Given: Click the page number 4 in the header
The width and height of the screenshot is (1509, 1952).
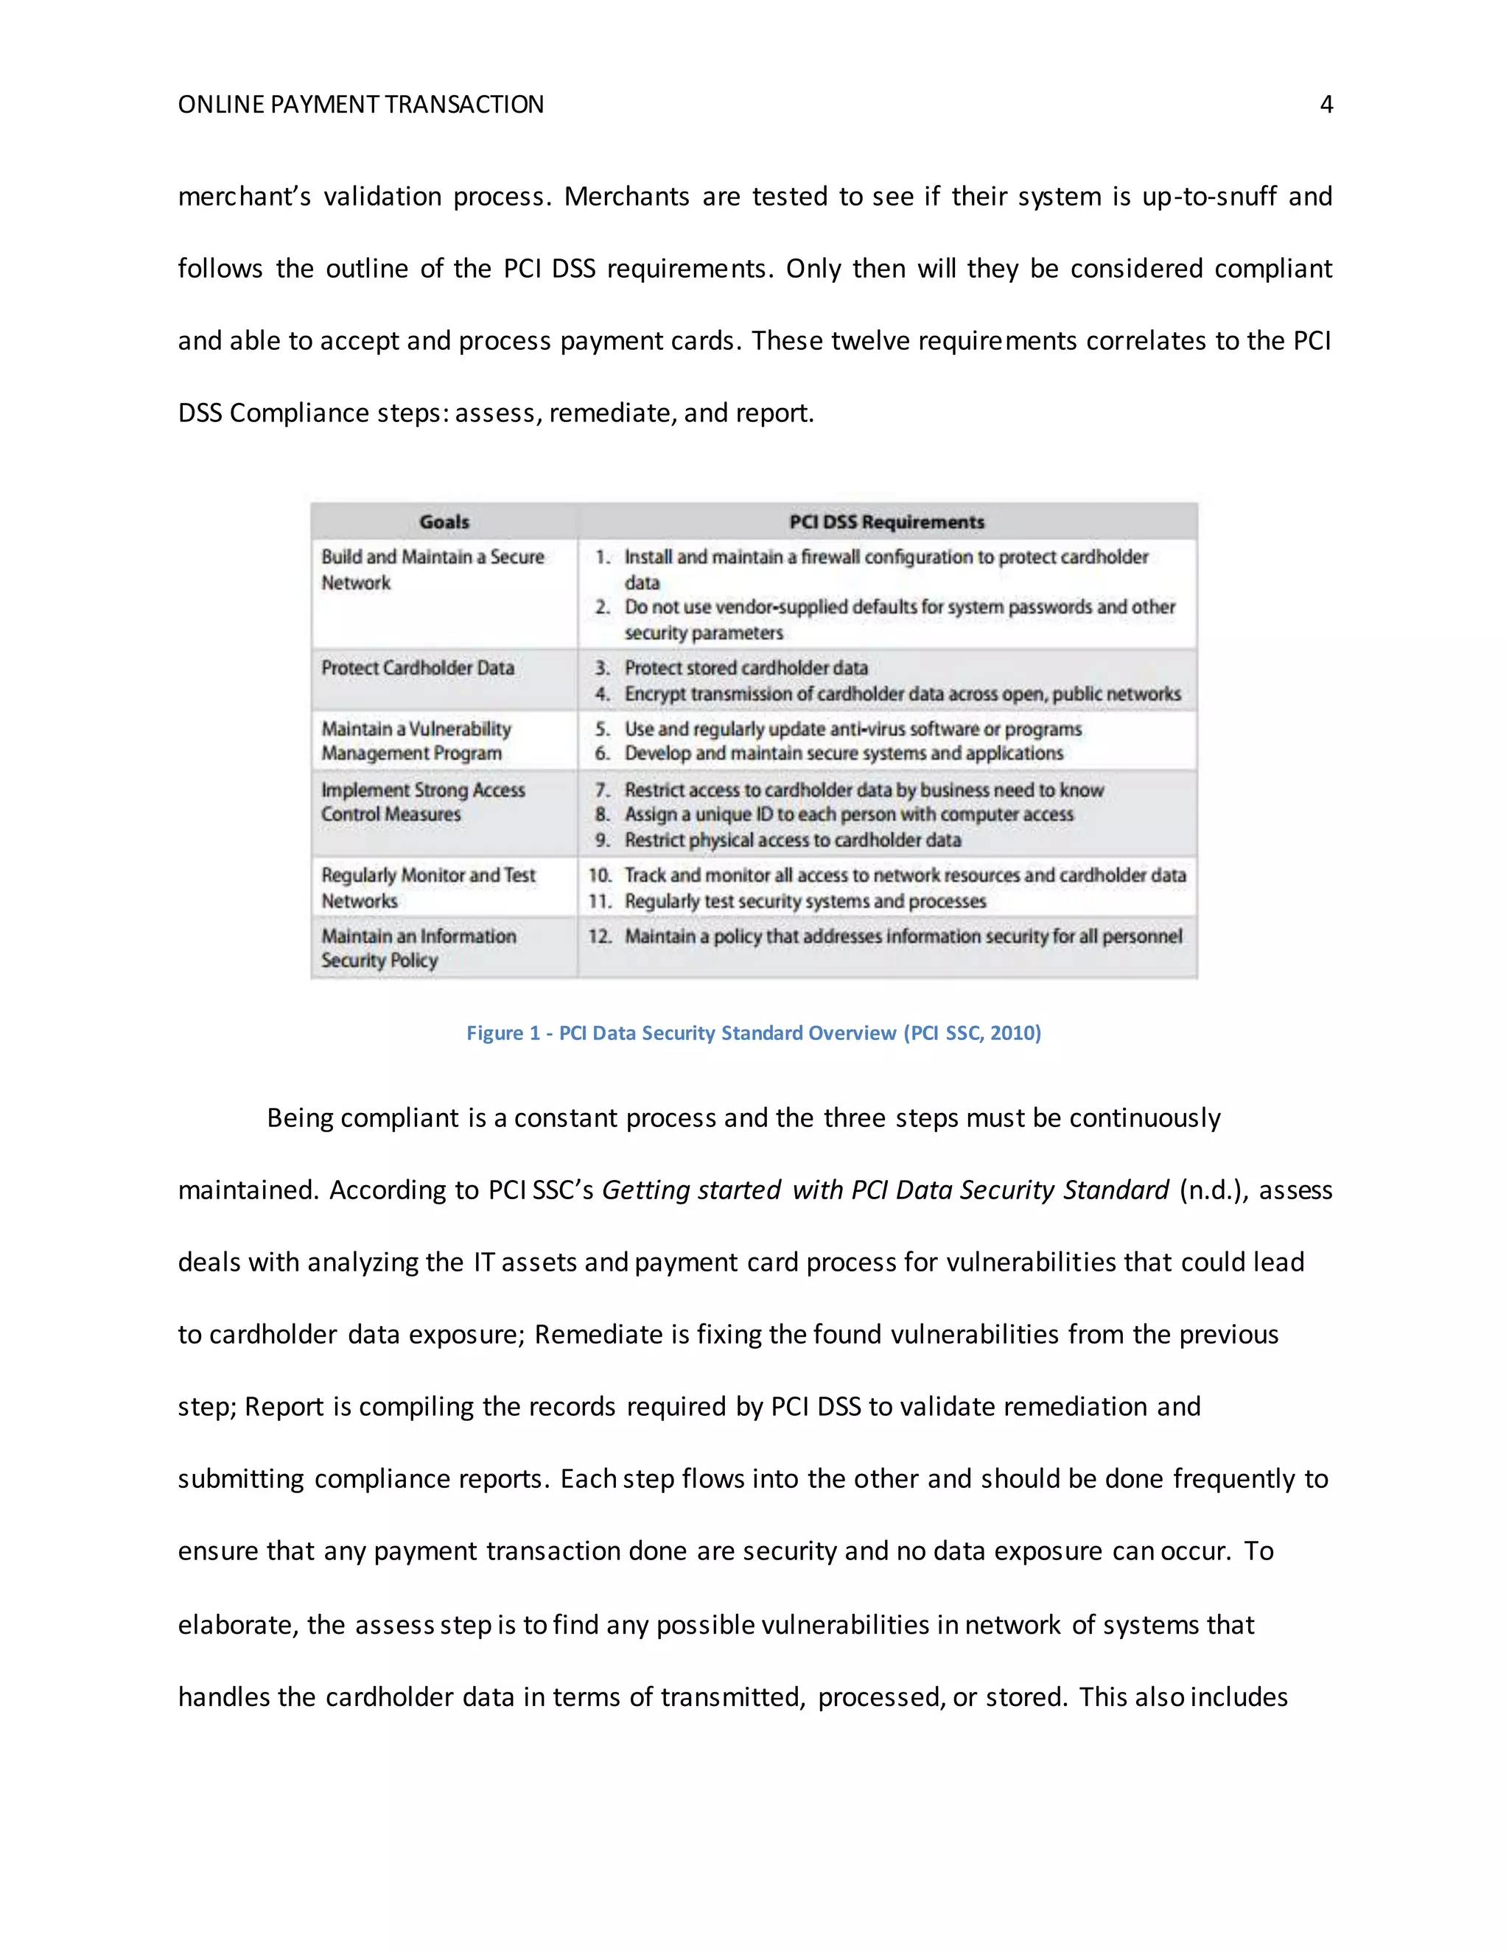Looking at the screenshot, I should [x=1326, y=105].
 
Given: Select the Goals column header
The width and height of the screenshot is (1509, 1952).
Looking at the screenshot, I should [x=444, y=522].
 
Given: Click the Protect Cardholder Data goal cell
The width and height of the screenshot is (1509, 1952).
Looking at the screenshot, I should [x=418, y=667].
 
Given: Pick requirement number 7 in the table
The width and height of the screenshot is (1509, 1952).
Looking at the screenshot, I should [x=603, y=790].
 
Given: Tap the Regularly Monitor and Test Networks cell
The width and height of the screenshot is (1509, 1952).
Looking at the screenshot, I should [x=428, y=888].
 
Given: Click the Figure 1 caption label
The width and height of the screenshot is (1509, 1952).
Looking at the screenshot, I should [x=503, y=1033].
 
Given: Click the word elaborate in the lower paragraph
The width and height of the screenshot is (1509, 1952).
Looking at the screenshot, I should [x=235, y=1624].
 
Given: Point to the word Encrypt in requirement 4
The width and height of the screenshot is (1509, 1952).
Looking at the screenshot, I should [x=654, y=695].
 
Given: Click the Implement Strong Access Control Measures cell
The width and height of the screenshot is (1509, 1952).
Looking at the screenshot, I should [x=423, y=801].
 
